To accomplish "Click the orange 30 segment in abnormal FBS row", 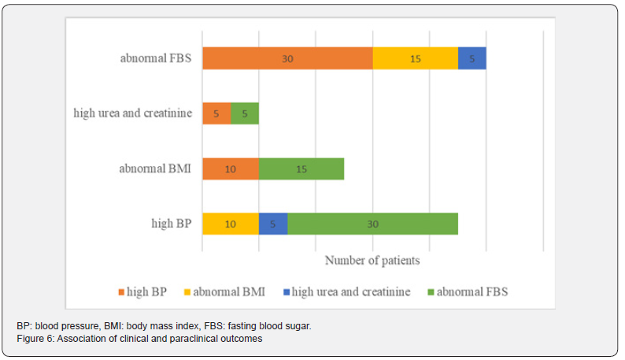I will click(287, 58).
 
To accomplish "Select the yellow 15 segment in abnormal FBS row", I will click(415, 58).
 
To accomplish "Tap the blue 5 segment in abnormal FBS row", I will click(472, 58).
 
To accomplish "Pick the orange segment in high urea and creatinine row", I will click(216, 113).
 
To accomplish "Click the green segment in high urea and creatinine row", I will click(245, 113).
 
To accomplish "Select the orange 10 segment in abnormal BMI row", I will click(231, 169).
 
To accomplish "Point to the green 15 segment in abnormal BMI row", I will click(301, 169).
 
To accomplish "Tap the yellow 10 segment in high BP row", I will click(231, 224).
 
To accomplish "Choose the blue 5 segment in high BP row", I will click(273, 224).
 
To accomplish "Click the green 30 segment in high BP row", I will click(372, 224).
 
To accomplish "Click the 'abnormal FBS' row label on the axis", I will click(156, 58).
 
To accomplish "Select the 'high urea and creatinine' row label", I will click(132, 113).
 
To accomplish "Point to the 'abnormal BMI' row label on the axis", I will click(156, 169).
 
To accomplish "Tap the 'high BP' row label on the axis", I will click(172, 224).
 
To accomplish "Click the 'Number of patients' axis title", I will click(372, 260).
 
